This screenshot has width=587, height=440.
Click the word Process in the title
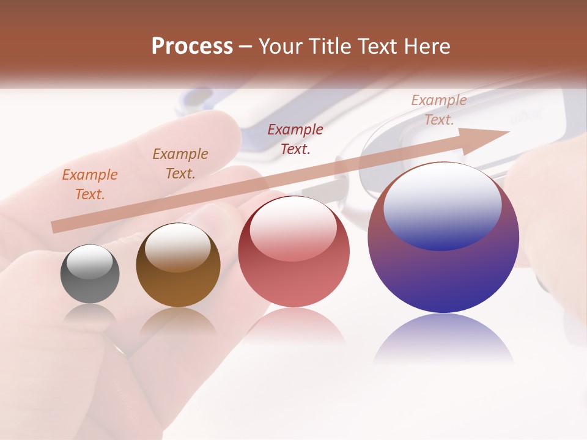point(192,46)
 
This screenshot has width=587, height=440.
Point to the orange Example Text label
point(90,185)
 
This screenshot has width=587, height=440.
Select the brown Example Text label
point(180,164)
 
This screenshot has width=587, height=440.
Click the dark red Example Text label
point(295,139)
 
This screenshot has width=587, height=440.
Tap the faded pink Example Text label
point(439,110)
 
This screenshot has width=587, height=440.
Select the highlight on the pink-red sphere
point(293,229)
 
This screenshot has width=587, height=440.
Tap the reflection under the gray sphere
point(90,315)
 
